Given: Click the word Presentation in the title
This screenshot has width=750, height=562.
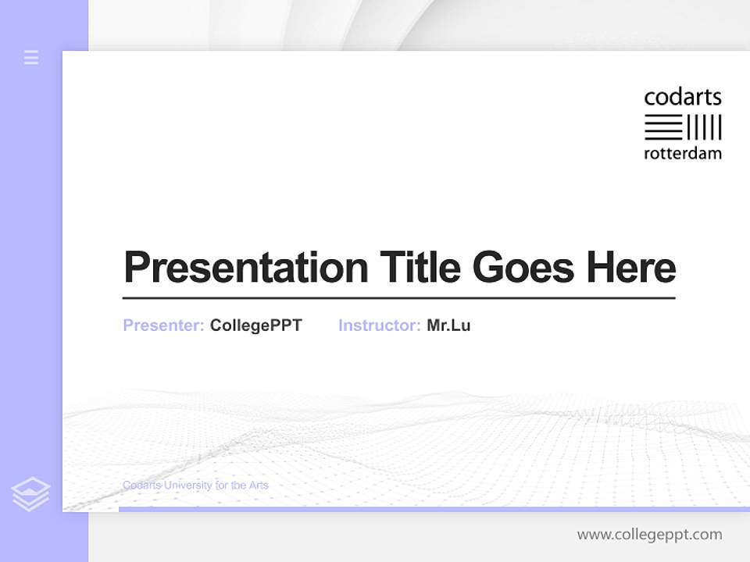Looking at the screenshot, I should [x=245, y=268].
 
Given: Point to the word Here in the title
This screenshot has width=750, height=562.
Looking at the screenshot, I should [x=631, y=268].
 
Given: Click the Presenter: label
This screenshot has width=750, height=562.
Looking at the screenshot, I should [x=163, y=325].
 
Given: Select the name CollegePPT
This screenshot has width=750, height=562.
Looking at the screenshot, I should [x=255, y=325].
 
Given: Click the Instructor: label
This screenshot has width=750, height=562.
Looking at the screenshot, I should [x=379, y=325].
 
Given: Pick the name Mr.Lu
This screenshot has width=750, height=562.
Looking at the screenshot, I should [x=448, y=325].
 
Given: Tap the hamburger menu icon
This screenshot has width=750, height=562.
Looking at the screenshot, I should [x=31, y=57].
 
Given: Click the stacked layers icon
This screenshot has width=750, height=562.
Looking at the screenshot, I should [x=30, y=494].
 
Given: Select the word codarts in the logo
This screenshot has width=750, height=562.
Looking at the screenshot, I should [x=682, y=98].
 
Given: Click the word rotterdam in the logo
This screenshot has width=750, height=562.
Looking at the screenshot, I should [x=682, y=153].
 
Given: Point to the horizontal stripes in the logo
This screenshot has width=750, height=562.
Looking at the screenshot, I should [x=663, y=127].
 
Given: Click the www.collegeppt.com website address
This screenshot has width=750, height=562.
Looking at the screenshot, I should [x=649, y=535].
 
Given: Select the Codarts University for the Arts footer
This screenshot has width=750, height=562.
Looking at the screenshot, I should [x=195, y=486].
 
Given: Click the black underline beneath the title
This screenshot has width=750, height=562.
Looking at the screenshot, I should [x=398, y=297].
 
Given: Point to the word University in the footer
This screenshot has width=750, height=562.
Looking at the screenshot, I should [x=186, y=486].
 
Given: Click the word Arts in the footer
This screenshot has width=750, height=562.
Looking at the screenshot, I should [x=259, y=486].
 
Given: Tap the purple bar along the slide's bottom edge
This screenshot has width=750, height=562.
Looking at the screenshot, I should [x=434, y=509].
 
